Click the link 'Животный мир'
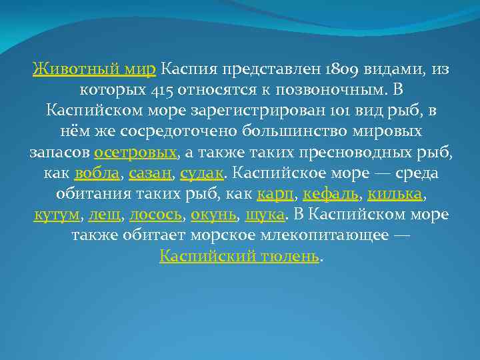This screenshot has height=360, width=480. click(x=95, y=68)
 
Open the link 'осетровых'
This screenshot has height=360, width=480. click(x=136, y=153)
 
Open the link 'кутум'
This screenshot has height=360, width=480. click(x=57, y=215)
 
